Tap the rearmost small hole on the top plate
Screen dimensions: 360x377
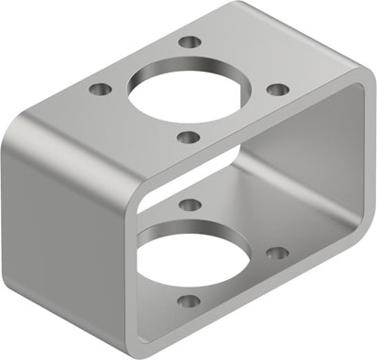tap(191, 42)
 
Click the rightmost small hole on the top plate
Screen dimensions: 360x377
tap(277, 89)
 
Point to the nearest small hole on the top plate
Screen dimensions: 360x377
tap(188, 138)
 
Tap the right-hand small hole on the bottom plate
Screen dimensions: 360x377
tap(276, 253)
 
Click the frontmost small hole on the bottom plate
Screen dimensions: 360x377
tap(188, 302)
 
